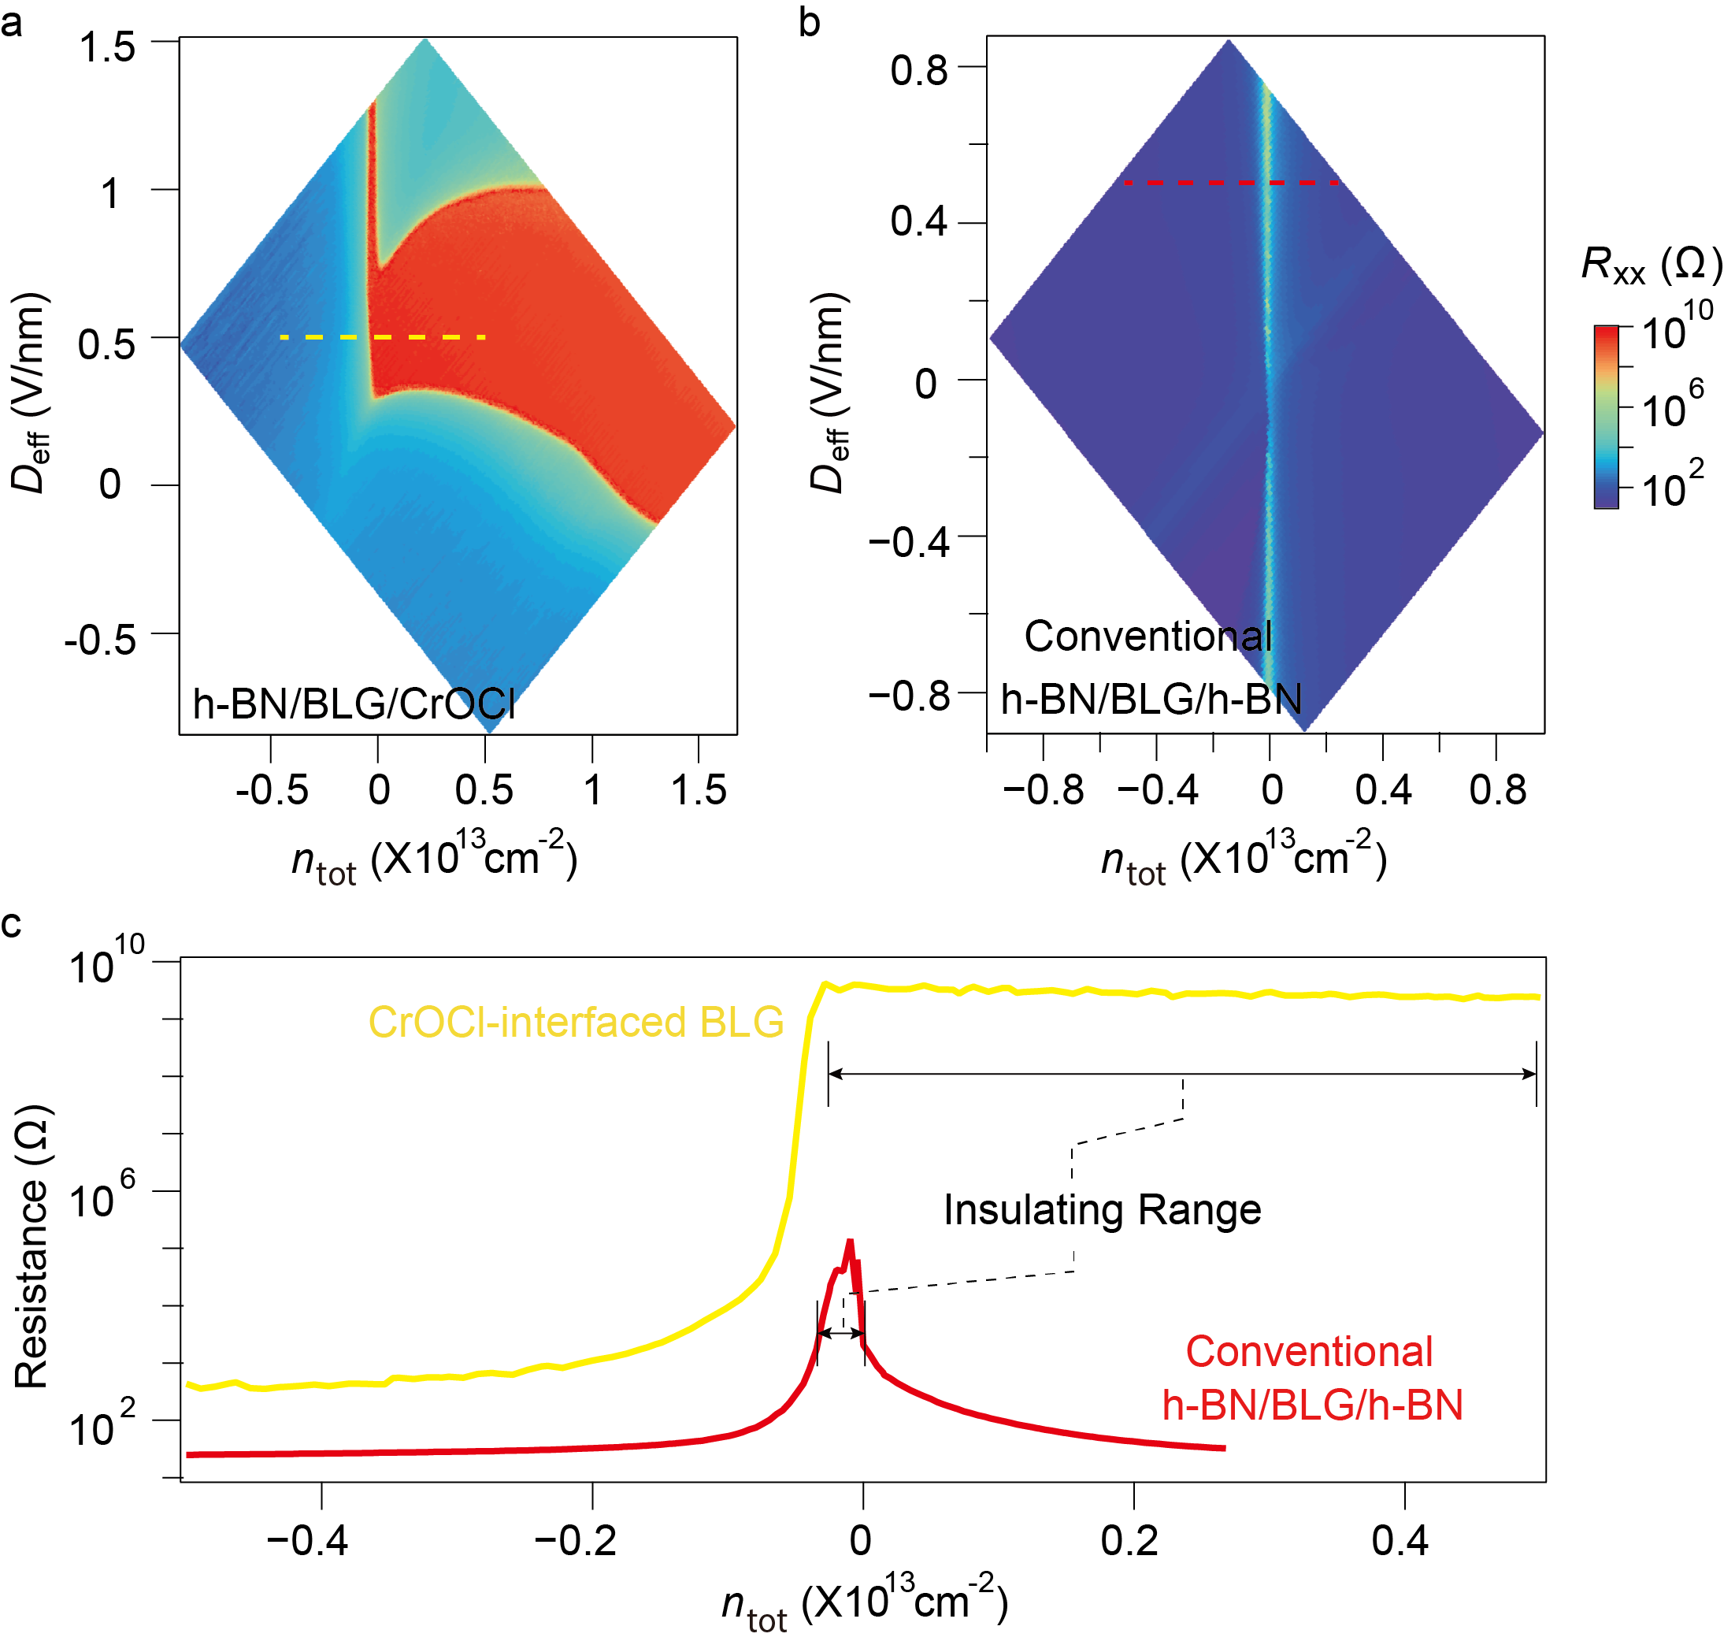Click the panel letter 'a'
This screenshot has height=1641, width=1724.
(13, 23)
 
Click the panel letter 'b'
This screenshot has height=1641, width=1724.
(809, 23)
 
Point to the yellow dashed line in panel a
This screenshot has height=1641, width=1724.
(382, 336)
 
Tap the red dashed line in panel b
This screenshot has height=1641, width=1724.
(1231, 182)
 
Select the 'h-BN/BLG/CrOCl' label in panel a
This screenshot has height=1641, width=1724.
(354, 704)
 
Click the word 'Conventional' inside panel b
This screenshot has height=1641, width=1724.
(1147, 637)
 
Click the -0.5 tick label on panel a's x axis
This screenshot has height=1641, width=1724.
(272, 790)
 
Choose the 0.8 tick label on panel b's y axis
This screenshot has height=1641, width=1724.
(918, 69)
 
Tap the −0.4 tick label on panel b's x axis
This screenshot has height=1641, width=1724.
(1157, 790)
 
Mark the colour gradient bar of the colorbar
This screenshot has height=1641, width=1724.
(1606, 417)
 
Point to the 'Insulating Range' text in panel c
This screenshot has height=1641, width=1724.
(1102, 1211)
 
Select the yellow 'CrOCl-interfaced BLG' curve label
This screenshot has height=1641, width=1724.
(576, 1023)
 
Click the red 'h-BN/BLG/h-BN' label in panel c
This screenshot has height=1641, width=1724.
(1312, 1405)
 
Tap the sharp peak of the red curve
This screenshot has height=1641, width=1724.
(849, 1243)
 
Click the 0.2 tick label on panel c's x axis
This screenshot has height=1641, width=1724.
(1129, 1540)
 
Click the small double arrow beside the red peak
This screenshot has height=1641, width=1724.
(840, 1333)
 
